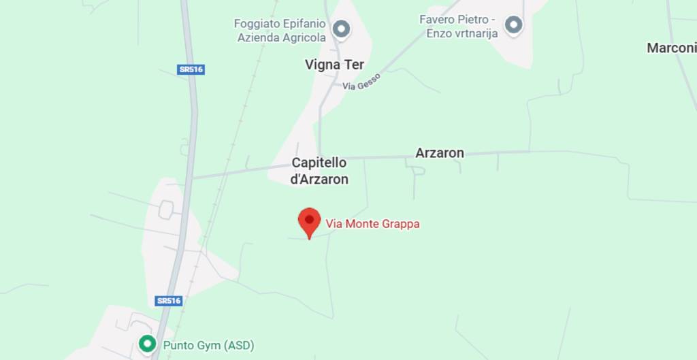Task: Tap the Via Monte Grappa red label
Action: click(x=372, y=223)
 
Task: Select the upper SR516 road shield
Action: click(x=191, y=69)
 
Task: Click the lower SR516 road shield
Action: click(x=168, y=301)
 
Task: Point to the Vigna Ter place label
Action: click(x=334, y=65)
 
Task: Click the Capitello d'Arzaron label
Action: click(x=319, y=171)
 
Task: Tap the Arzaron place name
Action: click(x=440, y=153)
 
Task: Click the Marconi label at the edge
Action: click(x=671, y=48)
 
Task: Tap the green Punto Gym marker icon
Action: click(x=147, y=344)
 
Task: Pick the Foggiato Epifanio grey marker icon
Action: click(x=341, y=29)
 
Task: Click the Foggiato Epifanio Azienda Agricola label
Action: click(x=280, y=31)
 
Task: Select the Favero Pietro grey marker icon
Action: click(x=514, y=25)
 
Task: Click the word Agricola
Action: click(x=305, y=38)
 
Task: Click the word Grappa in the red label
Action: click(x=401, y=223)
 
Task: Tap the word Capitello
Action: click(x=319, y=163)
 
